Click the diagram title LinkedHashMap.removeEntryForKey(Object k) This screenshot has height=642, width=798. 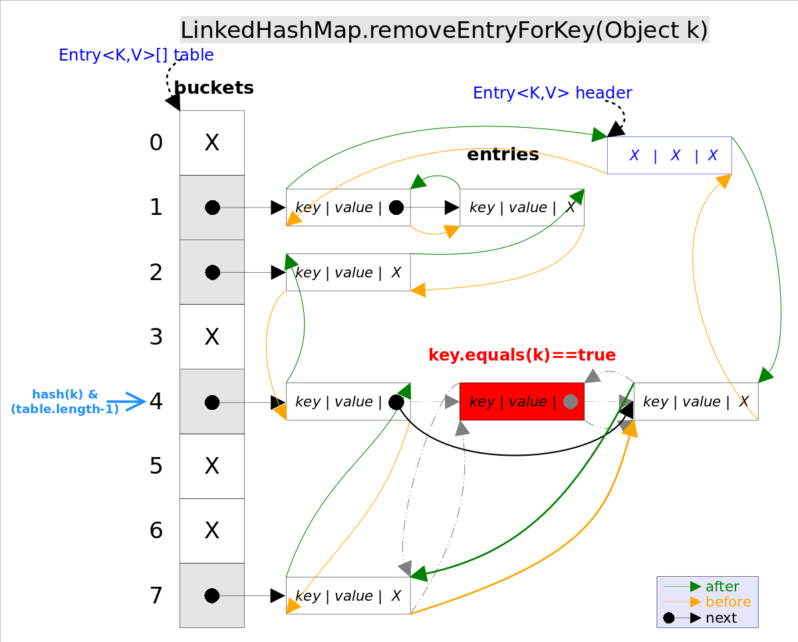(x=444, y=31)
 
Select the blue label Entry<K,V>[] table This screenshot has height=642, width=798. (x=136, y=55)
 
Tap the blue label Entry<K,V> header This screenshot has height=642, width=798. (x=552, y=93)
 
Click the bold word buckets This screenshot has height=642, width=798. (x=213, y=88)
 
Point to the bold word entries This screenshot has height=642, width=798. (x=503, y=155)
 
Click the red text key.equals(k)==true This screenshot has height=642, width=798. (x=522, y=355)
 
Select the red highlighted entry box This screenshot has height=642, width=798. (x=521, y=402)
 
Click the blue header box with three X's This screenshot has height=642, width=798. (x=670, y=156)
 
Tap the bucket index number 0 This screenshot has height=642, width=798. (x=156, y=143)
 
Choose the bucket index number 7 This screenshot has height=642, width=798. (x=156, y=596)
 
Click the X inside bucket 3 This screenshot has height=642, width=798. (x=212, y=337)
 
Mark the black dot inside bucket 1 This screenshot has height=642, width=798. (x=212, y=208)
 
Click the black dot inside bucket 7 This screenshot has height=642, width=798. (x=212, y=595)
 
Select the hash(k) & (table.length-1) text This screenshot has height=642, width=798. (x=65, y=402)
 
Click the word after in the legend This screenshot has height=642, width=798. (x=722, y=586)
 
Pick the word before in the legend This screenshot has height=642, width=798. (x=728, y=602)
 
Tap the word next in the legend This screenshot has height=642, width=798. (x=721, y=618)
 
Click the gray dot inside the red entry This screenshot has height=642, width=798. (x=570, y=402)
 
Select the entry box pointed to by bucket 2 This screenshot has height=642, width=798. (x=348, y=273)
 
